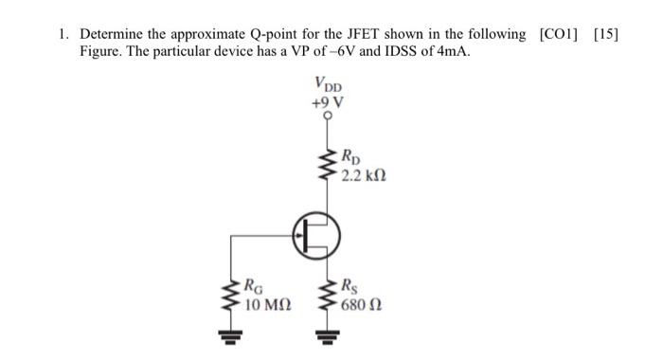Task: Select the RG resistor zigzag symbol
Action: (x=229, y=294)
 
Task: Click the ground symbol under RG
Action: (x=229, y=333)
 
